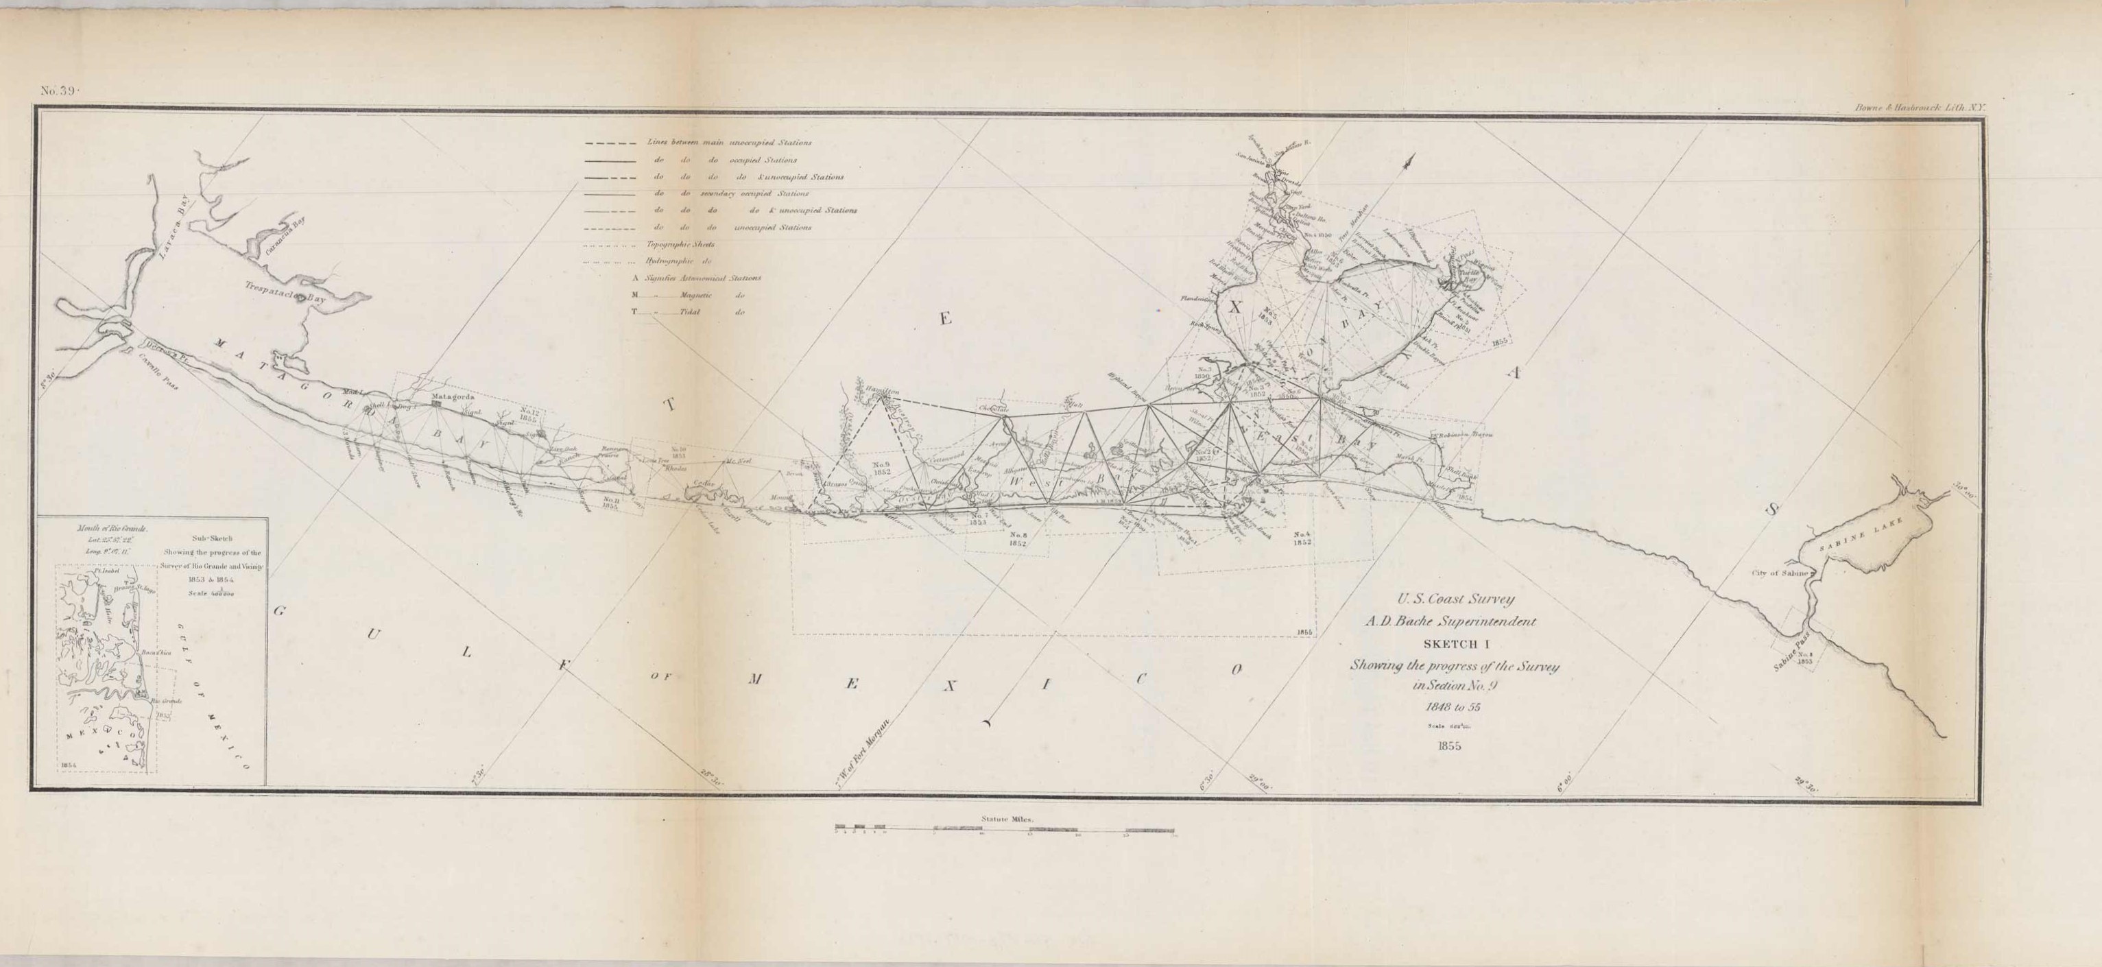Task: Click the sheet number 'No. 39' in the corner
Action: (58, 91)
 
